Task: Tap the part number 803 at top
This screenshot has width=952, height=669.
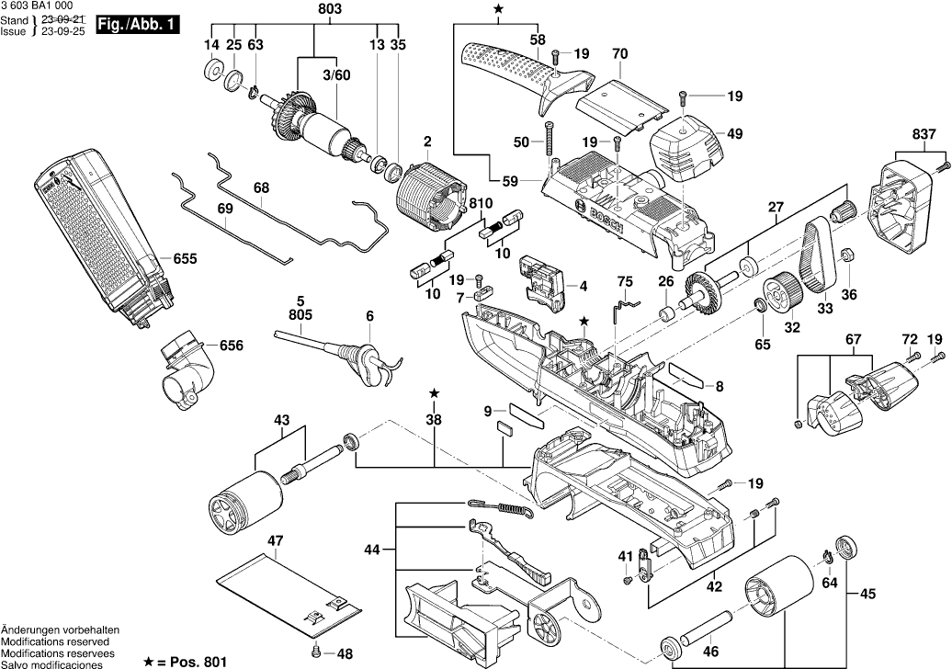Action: pyautogui.click(x=330, y=9)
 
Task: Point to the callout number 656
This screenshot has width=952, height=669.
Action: pyautogui.click(x=232, y=346)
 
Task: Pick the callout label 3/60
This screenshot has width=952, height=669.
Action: pyautogui.click(x=335, y=74)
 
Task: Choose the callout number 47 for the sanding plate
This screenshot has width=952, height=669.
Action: pyautogui.click(x=275, y=539)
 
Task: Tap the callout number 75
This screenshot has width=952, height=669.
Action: pyautogui.click(x=625, y=280)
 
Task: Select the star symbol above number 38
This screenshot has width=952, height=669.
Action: pyautogui.click(x=434, y=393)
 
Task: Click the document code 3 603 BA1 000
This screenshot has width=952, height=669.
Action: pyautogui.click(x=37, y=6)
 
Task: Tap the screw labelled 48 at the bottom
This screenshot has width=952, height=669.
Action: pyautogui.click(x=316, y=653)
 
